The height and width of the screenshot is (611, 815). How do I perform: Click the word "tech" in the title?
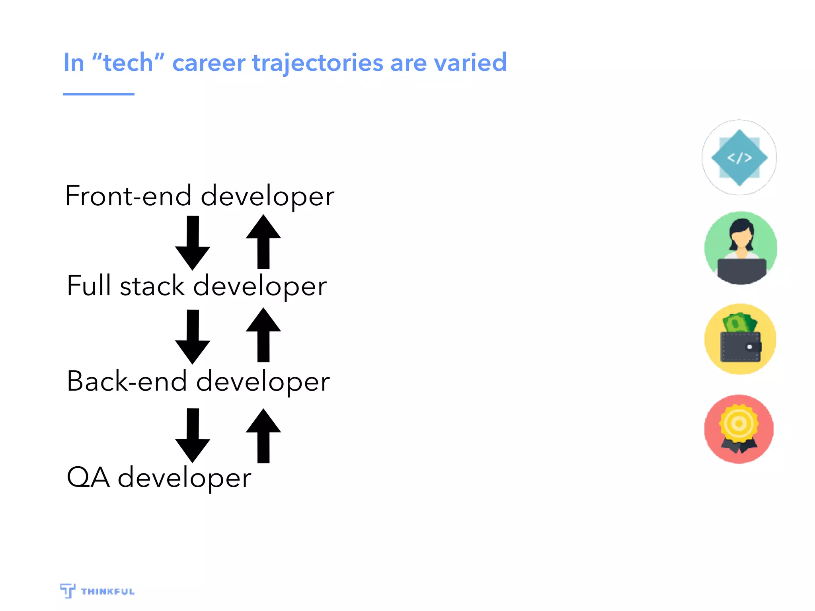click(128, 63)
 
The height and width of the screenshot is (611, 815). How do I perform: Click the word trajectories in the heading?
click(317, 63)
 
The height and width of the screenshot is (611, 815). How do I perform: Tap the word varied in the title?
click(470, 63)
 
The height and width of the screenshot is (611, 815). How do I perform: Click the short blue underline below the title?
click(98, 94)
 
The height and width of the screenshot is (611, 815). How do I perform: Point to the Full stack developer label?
click(197, 286)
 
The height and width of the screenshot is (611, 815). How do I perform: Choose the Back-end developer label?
click(198, 381)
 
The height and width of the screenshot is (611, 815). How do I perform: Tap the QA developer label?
click(159, 477)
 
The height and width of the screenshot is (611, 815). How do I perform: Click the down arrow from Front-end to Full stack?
click(193, 243)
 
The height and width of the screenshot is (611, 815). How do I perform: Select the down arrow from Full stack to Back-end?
click(193, 337)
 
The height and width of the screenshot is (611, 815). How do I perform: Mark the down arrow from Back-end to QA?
click(193, 435)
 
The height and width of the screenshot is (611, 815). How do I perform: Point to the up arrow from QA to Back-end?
click(263, 436)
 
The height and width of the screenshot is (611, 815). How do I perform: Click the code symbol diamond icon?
click(739, 158)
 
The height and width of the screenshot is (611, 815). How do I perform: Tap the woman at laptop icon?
click(741, 248)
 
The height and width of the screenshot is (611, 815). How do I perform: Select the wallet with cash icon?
click(740, 339)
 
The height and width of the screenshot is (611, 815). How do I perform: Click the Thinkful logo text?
click(107, 592)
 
